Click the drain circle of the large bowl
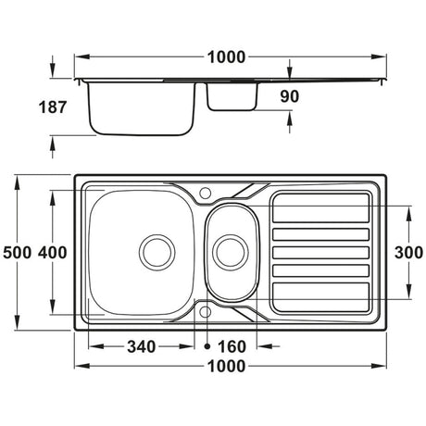point(156,249)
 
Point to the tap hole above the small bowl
point(205,193)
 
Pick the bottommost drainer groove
point(320,292)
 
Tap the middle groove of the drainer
point(320,251)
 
